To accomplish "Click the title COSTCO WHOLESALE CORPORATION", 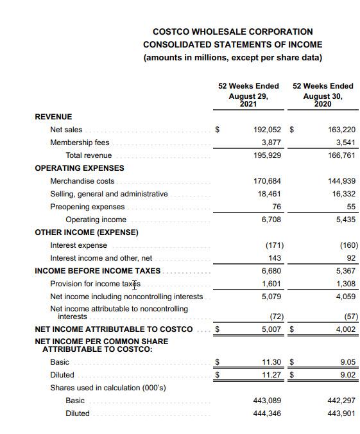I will (x=232, y=31).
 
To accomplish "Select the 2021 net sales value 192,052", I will (x=268, y=130).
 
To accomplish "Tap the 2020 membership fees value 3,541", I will (x=341, y=143).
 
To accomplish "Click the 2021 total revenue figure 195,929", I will (x=268, y=155).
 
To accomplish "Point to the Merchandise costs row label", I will (x=82, y=181).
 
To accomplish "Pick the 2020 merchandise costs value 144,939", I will (x=341, y=181).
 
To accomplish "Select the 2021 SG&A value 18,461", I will (x=270, y=194).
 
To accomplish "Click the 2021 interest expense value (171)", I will (x=274, y=245).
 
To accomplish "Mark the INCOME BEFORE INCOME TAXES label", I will (x=98, y=271).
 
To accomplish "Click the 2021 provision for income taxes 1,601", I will (x=271, y=284).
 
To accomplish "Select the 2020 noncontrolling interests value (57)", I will (x=348, y=317).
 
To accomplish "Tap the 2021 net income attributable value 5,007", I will (x=271, y=329).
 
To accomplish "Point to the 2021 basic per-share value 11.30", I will (x=273, y=362).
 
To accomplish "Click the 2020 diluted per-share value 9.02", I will (x=347, y=375).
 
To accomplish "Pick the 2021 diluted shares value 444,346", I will (x=268, y=413).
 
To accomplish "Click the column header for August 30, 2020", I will (x=323, y=95).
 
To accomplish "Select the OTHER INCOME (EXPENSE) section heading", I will (x=86, y=232).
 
